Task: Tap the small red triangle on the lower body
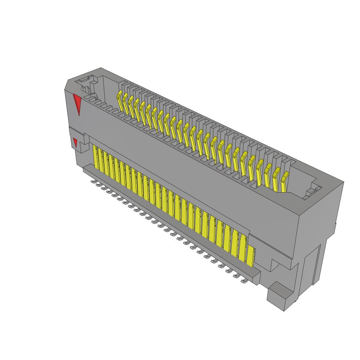coord(75,142)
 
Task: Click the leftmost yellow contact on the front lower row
coord(95,158)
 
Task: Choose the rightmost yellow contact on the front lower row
coord(250,256)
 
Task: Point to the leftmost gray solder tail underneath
coord(93,182)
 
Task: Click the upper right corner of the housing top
coord(343,182)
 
